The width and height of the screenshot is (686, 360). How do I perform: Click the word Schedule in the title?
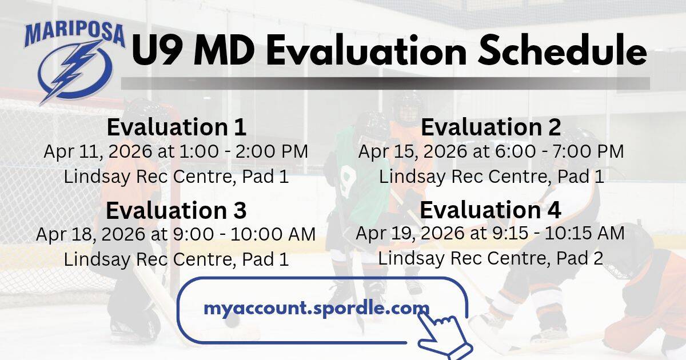[x=563, y=50]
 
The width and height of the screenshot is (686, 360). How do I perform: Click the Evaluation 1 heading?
[x=177, y=127]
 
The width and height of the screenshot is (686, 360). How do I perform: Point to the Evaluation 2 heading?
[x=491, y=127]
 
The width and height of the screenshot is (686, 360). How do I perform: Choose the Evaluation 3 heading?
[x=176, y=210]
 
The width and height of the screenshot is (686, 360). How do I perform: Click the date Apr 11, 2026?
[x=98, y=151]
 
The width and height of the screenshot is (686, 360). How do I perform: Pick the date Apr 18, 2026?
[x=91, y=234]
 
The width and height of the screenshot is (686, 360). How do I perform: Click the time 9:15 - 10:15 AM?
[x=559, y=234]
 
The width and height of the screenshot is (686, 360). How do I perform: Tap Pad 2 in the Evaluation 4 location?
[x=580, y=258]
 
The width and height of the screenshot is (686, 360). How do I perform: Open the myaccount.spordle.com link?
[x=317, y=308]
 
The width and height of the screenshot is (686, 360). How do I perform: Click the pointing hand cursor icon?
[x=444, y=337]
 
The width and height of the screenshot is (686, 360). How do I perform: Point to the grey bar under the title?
[x=385, y=83]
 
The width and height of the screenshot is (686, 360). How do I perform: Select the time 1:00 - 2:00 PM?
[x=244, y=151]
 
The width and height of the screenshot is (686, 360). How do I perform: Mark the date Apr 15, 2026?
[x=413, y=151]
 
